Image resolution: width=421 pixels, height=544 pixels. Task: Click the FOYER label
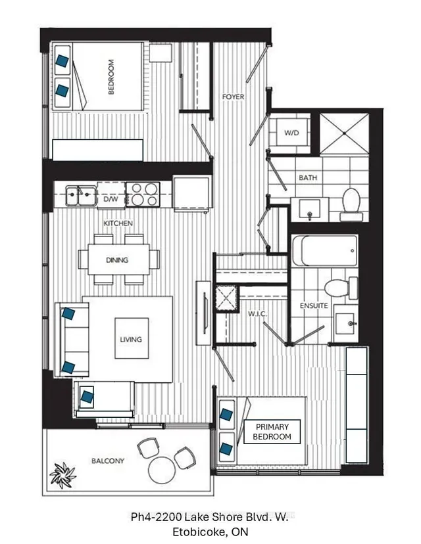[x=233, y=97]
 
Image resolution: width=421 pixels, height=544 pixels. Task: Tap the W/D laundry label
[x=291, y=133]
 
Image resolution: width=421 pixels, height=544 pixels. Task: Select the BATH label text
[x=308, y=177]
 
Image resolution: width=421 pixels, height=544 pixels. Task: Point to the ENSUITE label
[x=314, y=306]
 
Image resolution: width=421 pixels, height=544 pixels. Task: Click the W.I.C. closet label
[x=257, y=314]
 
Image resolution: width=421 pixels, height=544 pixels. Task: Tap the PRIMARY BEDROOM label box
[x=272, y=432]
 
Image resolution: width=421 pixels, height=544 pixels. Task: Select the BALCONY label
[x=108, y=461]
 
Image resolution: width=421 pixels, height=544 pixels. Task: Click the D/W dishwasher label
[x=111, y=199]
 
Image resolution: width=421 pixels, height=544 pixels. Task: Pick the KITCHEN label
[x=118, y=223]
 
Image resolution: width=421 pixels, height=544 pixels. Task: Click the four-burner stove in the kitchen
[x=143, y=194]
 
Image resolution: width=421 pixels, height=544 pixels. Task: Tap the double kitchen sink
[x=82, y=195]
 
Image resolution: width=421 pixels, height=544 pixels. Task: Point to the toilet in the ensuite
[x=341, y=288]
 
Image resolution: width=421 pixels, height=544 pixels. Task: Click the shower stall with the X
[x=344, y=133]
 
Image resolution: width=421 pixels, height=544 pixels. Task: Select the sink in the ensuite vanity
[x=345, y=323]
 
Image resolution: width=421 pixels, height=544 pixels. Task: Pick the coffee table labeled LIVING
[x=132, y=338]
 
